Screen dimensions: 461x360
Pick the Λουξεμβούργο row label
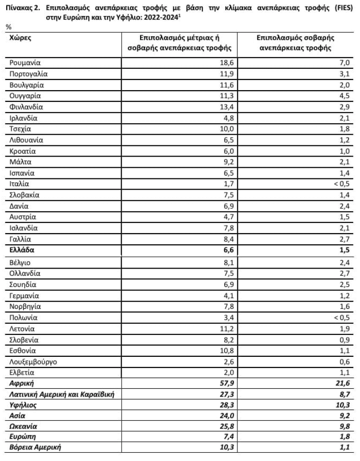tap(34, 362)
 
